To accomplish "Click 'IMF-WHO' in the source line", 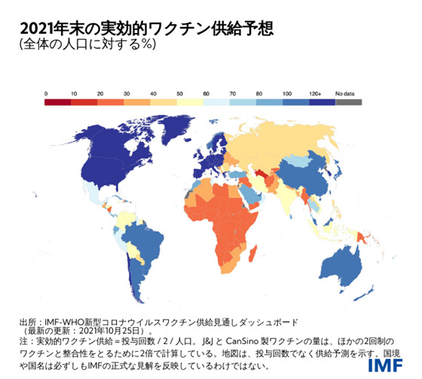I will (x=66, y=319).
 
